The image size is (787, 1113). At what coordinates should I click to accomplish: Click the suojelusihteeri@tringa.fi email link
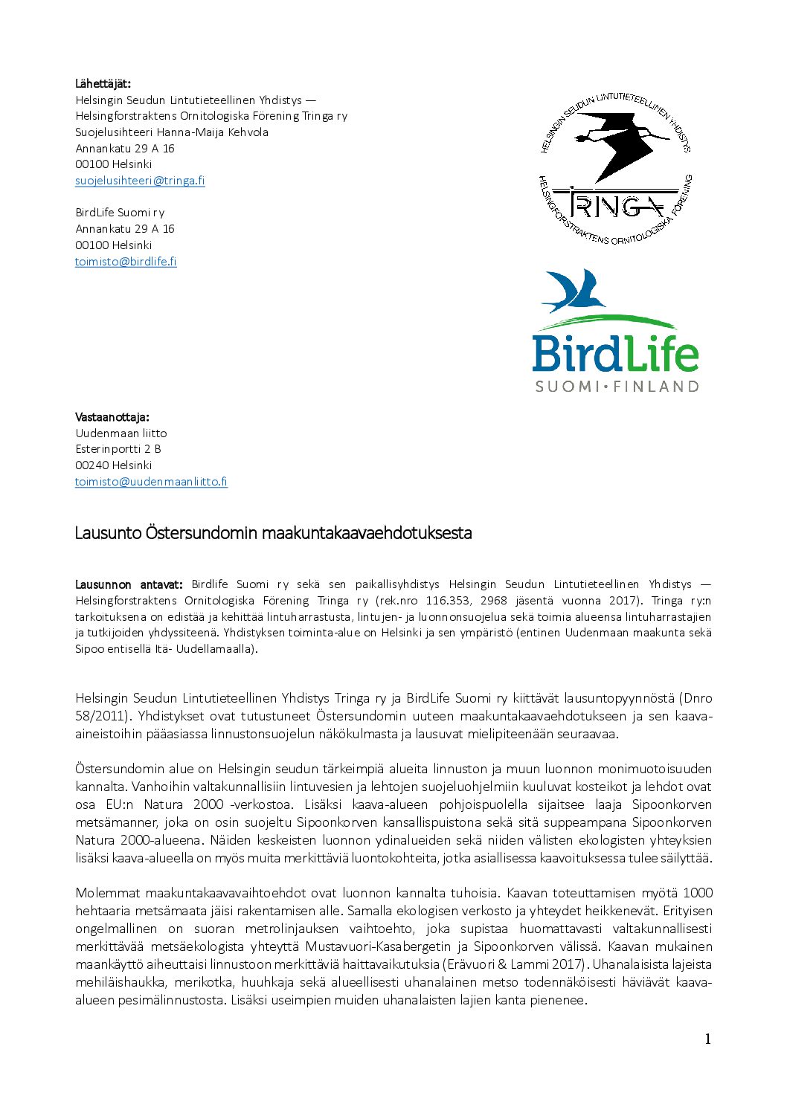pyautogui.click(x=140, y=181)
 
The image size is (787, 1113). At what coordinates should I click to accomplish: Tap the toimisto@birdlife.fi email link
pyautogui.click(x=126, y=262)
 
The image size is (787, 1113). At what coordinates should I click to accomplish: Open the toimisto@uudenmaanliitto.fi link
pyautogui.click(x=151, y=482)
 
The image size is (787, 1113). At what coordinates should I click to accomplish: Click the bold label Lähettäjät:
pyautogui.click(x=103, y=83)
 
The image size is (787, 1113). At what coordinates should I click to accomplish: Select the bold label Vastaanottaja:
pyautogui.click(x=112, y=417)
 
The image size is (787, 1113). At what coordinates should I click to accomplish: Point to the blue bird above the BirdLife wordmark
pyautogui.click(x=574, y=292)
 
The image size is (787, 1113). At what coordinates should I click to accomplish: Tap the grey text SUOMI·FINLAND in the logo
pyautogui.click(x=617, y=387)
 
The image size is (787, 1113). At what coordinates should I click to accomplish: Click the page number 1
pyautogui.click(x=707, y=1039)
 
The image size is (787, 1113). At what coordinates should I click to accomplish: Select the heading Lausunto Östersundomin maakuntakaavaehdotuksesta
pyautogui.click(x=273, y=533)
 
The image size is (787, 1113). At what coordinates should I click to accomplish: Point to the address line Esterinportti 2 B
pyautogui.click(x=118, y=449)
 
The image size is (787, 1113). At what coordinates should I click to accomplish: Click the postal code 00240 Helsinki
pyautogui.click(x=113, y=465)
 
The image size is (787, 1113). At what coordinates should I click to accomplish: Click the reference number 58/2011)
pyautogui.click(x=103, y=716)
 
